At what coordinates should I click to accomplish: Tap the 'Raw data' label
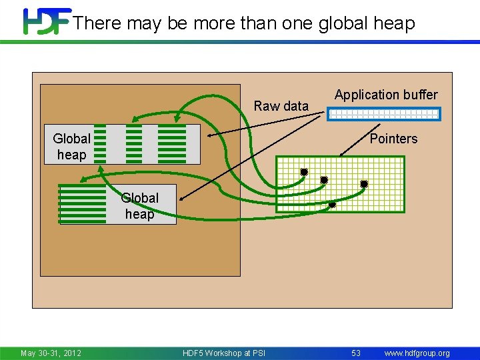tap(281, 106)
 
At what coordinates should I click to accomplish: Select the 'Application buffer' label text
tap(386, 95)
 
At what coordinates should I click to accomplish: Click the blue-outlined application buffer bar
tap(383, 114)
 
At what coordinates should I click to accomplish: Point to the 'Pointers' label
tap(393, 139)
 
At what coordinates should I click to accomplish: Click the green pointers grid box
tap(340, 184)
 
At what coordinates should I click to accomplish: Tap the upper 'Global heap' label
tap(72, 147)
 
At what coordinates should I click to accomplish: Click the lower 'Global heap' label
tap(139, 206)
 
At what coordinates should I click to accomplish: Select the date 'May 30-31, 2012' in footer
tap(51, 353)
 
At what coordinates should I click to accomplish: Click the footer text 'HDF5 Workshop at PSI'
tap(223, 353)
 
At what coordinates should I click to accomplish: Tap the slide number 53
tap(356, 353)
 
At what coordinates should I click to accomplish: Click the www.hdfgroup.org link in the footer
tap(417, 353)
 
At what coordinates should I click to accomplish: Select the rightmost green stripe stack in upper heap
tap(172, 143)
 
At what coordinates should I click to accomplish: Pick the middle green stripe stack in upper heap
tap(134, 143)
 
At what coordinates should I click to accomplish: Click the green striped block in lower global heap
tap(83, 204)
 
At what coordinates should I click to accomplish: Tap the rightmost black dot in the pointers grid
tap(364, 183)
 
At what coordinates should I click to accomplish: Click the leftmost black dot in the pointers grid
tap(304, 172)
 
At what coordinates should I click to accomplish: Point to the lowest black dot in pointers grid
tap(333, 205)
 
